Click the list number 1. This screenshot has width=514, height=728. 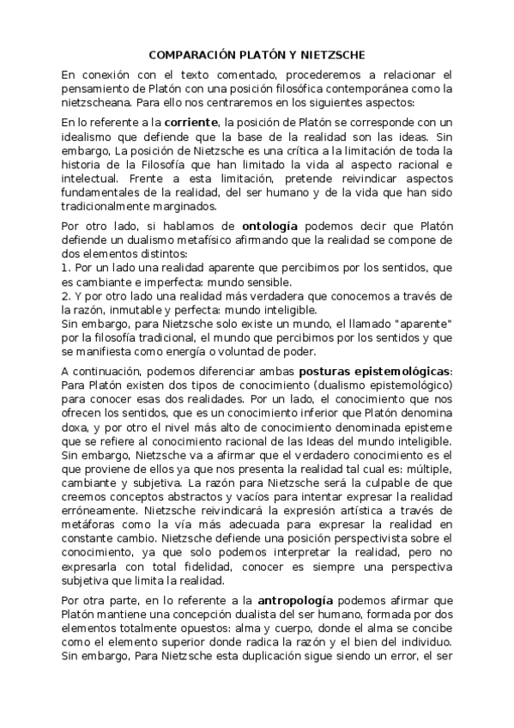coord(64,269)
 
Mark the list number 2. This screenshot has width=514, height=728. coord(64,296)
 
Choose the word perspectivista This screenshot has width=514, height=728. coord(336,537)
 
